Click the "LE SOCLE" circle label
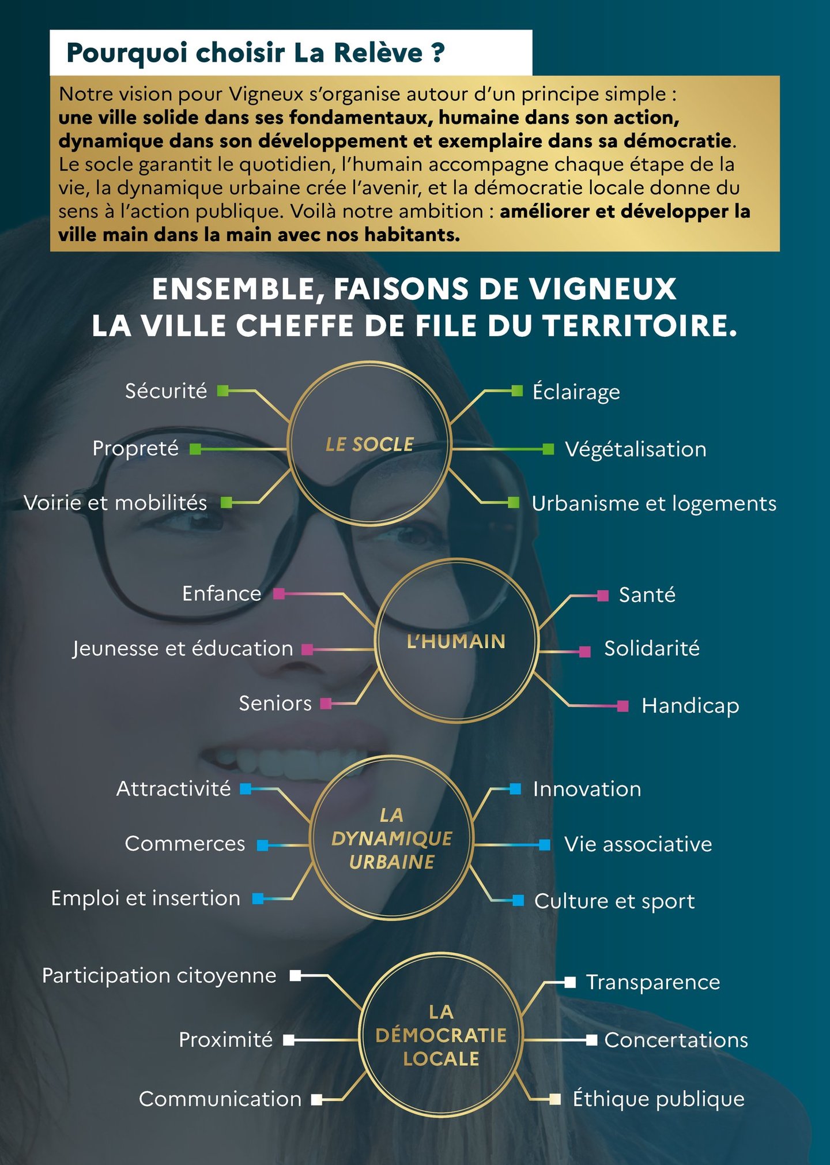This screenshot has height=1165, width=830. pos(369,444)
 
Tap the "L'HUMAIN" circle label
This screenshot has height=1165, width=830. pos(456,641)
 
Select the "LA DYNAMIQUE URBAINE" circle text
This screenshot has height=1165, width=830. pos(392,839)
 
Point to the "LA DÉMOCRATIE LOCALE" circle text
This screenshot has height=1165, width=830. pos(441,1036)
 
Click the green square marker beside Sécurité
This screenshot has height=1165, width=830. pos(222,391)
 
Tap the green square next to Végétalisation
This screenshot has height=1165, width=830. pos(548,449)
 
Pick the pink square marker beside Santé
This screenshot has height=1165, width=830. pos(603,595)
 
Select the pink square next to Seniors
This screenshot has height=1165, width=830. pos(326,703)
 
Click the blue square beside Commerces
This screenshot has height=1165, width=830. pos(263,845)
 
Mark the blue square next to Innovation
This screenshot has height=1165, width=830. pos(516,788)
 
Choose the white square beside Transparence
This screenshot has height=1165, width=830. pos(570,982)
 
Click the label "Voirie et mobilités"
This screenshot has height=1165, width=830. pos(115,503)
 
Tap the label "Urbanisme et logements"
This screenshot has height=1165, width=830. pos(654,504)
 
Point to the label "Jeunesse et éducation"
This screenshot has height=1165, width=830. pos(183,649)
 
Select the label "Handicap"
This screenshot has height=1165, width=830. pos(690,706)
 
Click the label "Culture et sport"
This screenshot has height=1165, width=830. pos(614,901)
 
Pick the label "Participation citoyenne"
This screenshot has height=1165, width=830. pos(159,976)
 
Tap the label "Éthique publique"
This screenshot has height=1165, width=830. pos(658,1099)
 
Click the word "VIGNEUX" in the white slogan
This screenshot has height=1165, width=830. pos(603,289)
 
